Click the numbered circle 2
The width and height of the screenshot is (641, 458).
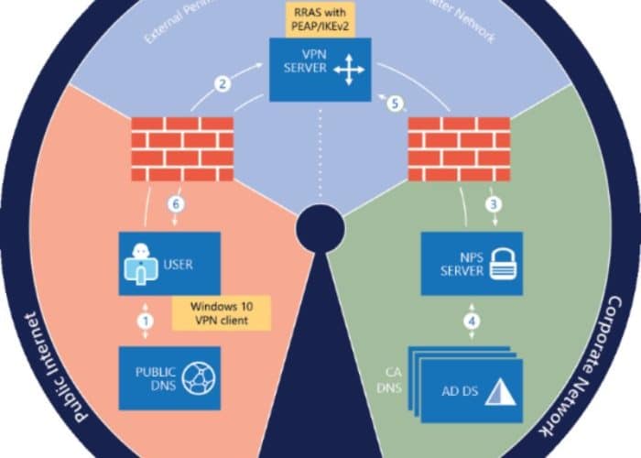point(222,85)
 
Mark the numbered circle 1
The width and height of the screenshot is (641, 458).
point(144,321)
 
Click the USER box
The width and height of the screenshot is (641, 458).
point(170,263)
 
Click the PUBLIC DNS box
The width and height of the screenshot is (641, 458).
point(170,377)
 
